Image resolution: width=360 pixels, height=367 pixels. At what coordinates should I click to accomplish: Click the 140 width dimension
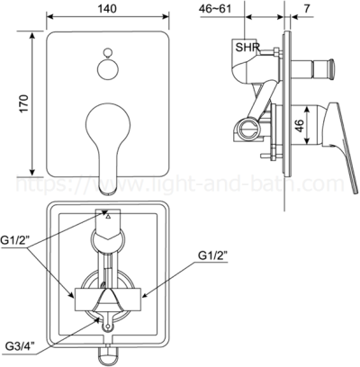(107, 7)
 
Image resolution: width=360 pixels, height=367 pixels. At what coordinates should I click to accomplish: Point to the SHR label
(247, 45)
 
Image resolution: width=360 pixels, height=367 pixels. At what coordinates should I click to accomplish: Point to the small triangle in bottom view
(108, 217)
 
